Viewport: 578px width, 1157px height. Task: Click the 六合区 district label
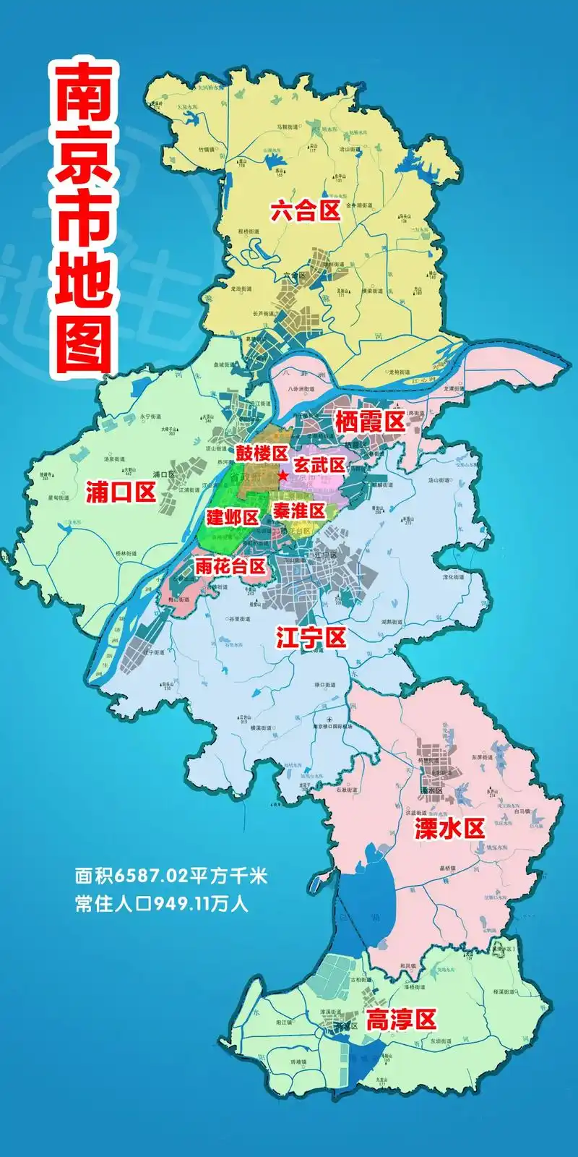click(x=305, y=211)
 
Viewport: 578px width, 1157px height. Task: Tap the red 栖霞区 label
click(x=370, y=422)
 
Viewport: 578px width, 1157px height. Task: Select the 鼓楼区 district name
click(x=262, y=453)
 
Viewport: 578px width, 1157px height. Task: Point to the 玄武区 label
click(x=319, y=465)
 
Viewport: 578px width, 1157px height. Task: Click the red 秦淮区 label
click(x=298, y=511)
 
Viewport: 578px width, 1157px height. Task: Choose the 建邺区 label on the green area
click(x=233, y=517)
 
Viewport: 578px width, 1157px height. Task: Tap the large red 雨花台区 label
click(x=230, y=565)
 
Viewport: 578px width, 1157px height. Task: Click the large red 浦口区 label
click(x=121, y=492)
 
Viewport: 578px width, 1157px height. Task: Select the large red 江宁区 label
click(x=311, y=638)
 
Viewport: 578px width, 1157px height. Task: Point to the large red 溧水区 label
click(x=449, y=829)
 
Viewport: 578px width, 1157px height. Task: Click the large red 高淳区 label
click(x=401, y=1020)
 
